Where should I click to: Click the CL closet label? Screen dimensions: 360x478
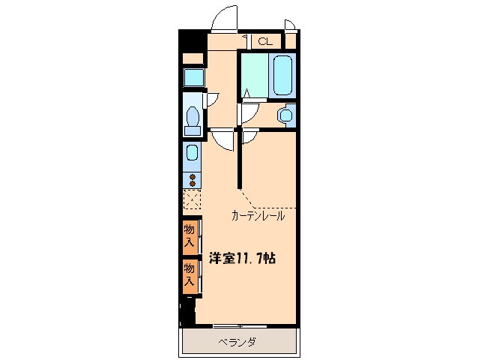pyautogui.click(x=265, y=42)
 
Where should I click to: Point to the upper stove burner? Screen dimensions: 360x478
pyautogui.click(x=193, y=176)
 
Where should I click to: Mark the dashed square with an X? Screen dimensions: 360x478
pyautogui.click(x=193, y=199)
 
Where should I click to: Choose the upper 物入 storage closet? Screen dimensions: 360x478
pyautogui.click(x=190, y=235)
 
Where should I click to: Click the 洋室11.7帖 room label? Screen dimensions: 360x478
pyautogui.click(x=241, y=258)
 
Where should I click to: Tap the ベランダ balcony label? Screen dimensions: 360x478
pyautogui.click(x=238, y=343)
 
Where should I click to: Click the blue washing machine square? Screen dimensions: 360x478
pyautogui.click(x=194, y=77)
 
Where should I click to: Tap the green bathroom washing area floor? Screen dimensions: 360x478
pyautogui.click(x=255, y=75)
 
